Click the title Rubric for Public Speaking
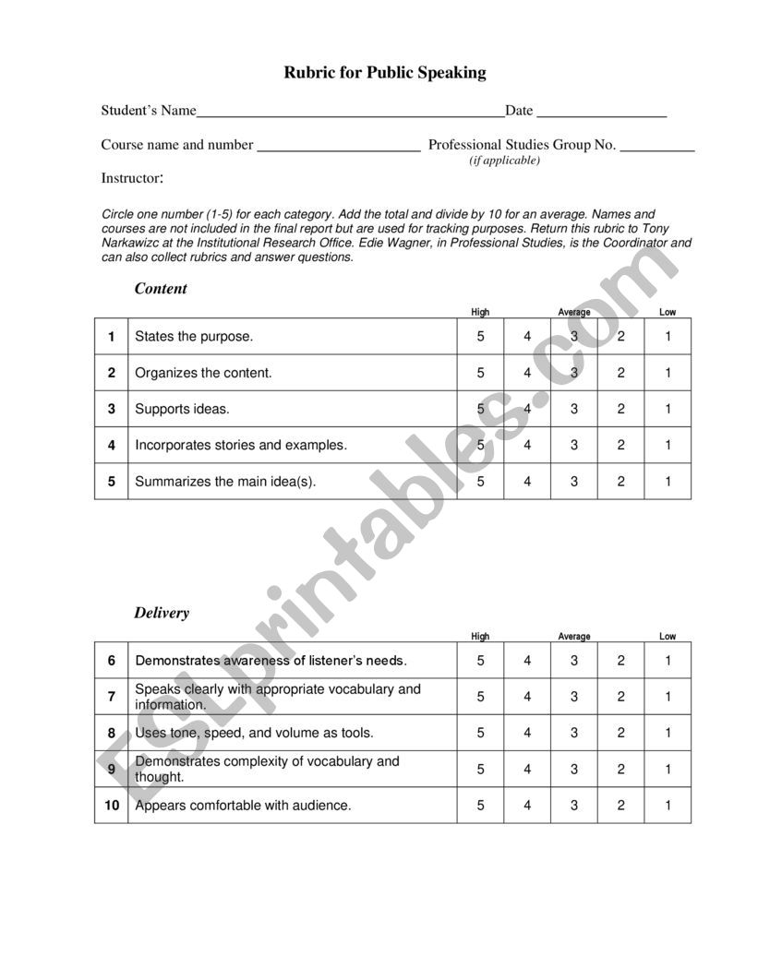[384, 73]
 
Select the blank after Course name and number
[338, 149]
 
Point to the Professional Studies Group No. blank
[656, 149]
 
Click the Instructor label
[132, 178]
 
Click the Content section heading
[161, 289]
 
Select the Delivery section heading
[162, 613]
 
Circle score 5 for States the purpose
[480, 337]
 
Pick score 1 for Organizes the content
[668, 373]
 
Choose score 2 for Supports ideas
[620, 409]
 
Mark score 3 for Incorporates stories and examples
[573, 445]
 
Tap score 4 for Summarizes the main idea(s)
[527, 481]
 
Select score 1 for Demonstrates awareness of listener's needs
[668, 661]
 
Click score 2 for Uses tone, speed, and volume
[620, 733]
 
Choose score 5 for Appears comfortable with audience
[480, 806]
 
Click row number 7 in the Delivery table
[112, 697]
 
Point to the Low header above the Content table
[668, 312]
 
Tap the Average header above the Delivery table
[573, 636]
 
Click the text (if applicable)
[504, 161]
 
